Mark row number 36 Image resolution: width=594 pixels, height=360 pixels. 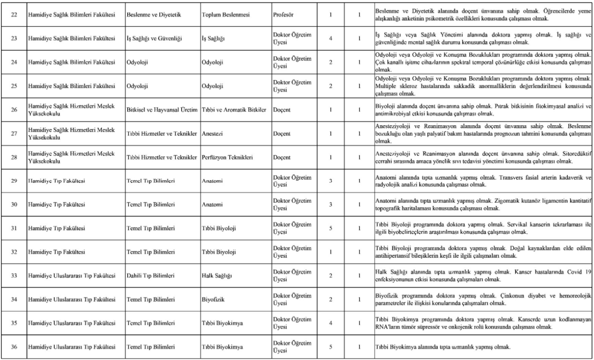click(14, 346)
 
